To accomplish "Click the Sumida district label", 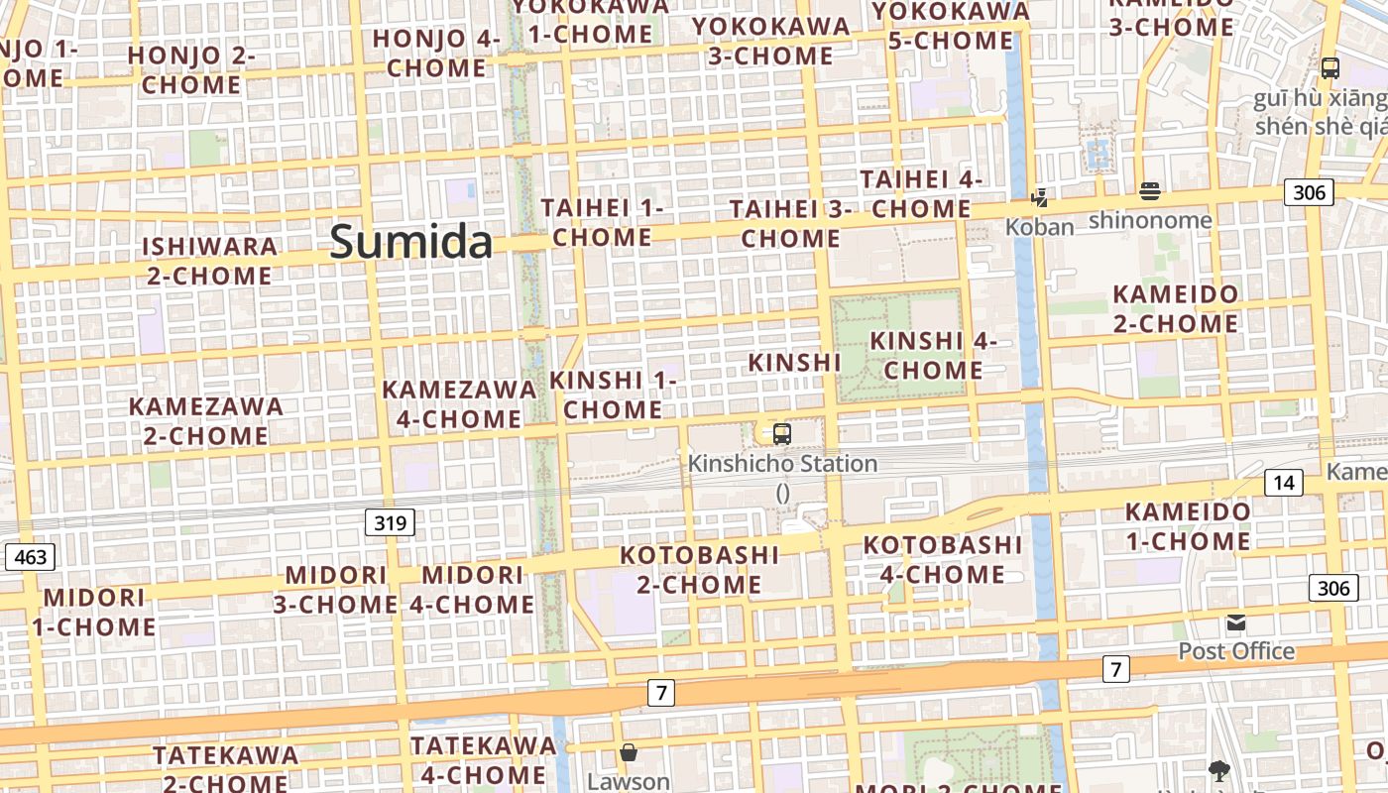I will (x=410, y=242).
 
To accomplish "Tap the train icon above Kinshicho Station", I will (x=782, y=434).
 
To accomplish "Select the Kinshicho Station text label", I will (x=782, y=463).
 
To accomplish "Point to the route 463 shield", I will (x=30, y=557).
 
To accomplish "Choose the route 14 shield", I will (x=1284, y=483).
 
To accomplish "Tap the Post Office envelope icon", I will (x=1235, y=623).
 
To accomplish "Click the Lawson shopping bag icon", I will (x=628, y=752).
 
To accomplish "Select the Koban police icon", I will (x=1039, y=197).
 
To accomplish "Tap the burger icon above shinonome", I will (x=1150, y=190).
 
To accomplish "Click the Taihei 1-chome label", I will (x=602, y=223).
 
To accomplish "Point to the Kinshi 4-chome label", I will (x=933, y=356).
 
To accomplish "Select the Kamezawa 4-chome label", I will (x=459, y=404).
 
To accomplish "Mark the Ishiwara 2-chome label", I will (x=209, y=261).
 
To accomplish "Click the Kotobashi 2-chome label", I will (x=699, y=569).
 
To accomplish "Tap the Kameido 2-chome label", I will (x=1175, y=309).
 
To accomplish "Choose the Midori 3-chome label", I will (x=336, y=590).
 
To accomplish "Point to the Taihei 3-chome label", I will (x=790, y=224).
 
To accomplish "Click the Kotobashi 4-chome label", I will (x=942, y=559).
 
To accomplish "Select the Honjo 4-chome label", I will (x=436, y=54).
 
